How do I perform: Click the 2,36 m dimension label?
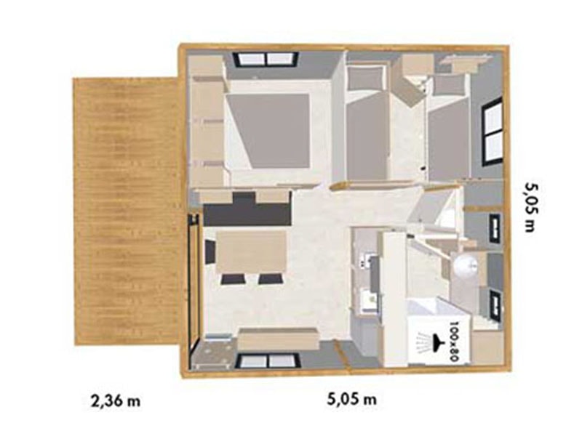click(x=116, y=400)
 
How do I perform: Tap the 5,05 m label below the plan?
click(x=351, y=399)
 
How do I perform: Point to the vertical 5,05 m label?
click(x=530, y=207)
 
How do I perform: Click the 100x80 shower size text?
click(x=454, y=341)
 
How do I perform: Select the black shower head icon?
click(x=438, y=340)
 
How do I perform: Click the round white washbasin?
click(x=465, y=265)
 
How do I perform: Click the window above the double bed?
click(x=266, y=59)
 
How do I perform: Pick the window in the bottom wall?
click(x=268, y=361)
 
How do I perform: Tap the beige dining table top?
click(x=251, y=251)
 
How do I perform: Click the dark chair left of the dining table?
click(x=210, y=251)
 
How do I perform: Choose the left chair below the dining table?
click(x=231, y=279)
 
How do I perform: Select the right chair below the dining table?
click(x=270, y=279)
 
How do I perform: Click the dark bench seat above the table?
click(x=247, y=212)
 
